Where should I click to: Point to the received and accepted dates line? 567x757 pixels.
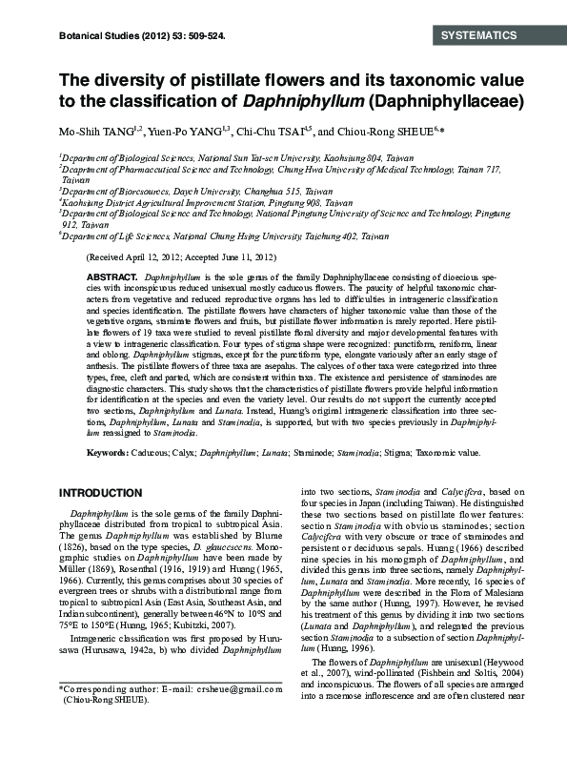click(182, 257)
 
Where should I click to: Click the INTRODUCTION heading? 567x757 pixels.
click(101, 492)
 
